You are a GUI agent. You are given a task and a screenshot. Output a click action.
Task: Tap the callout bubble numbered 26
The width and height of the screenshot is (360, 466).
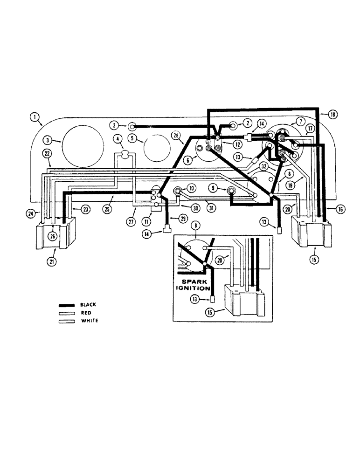[x=53, y=236]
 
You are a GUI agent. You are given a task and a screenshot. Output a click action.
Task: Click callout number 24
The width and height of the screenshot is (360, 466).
[x=31, y=214]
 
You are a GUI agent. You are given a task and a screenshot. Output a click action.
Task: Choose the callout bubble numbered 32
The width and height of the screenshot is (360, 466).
[x=264, y=166]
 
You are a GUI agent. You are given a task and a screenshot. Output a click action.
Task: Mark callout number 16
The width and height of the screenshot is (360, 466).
[x=340, y=210]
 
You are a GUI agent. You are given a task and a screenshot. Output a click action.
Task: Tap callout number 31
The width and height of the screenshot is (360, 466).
[x=210, y=208]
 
